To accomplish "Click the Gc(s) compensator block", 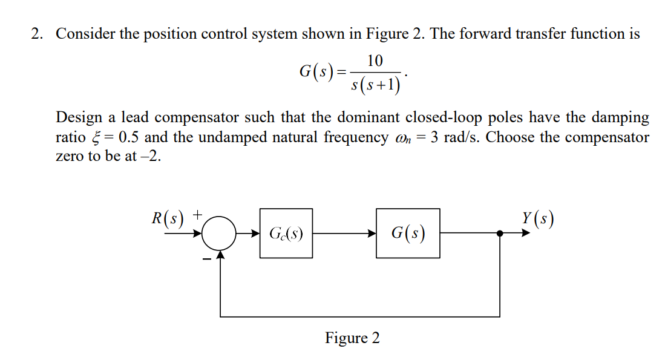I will pos(286,233).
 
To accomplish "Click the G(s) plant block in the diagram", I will pos(408,233).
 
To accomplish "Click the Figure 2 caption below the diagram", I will pos(352,338).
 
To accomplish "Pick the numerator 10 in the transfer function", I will pos(375,61).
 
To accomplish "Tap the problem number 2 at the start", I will pos(38,34).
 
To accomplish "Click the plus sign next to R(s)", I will pos(198,214).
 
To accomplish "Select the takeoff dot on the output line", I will pos(500,233).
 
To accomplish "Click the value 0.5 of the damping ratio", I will pos(130,137).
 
